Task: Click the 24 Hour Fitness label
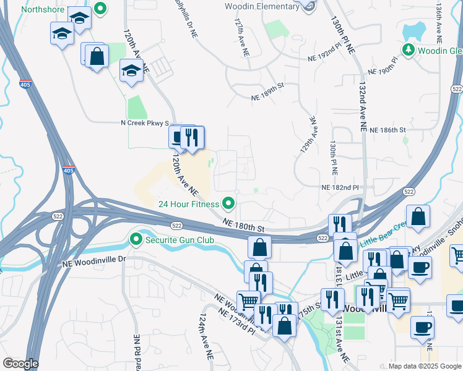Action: [188, 204]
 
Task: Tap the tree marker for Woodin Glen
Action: [408, 49]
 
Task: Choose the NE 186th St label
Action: [387, 130]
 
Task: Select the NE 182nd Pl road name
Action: [340, 187]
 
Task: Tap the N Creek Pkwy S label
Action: [145, 123]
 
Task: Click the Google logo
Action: [20, 364]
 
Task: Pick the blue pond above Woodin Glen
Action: [415, 30]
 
